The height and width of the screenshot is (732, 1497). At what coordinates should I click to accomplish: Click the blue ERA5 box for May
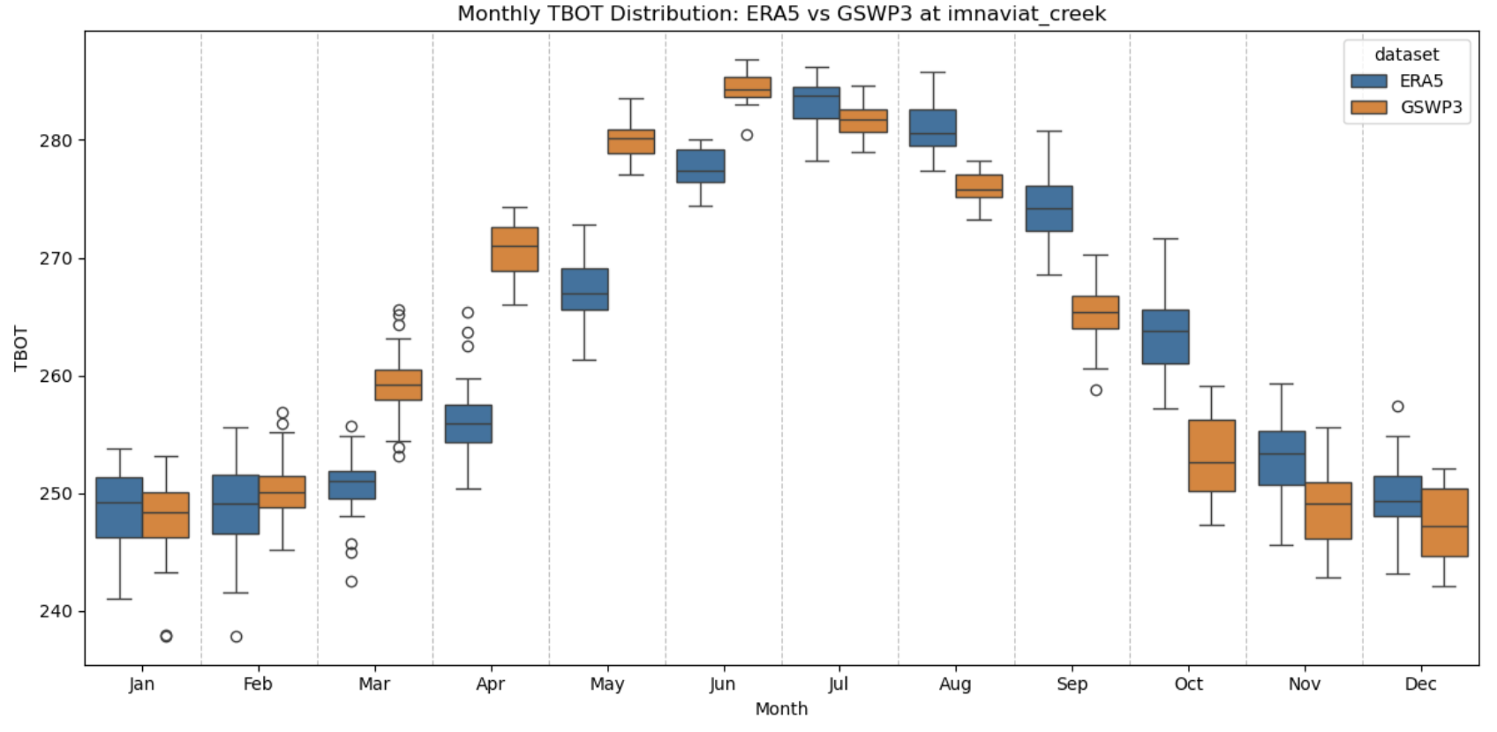[x=585, y=289]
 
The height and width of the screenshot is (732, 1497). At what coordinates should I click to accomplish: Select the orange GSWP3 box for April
[x=515, y=250]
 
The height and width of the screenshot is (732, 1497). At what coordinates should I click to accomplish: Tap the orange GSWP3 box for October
[x=1212, y=455]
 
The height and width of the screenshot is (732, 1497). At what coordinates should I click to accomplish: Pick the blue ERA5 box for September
[x=1049, y=209]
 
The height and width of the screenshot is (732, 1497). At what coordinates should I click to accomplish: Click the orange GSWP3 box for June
[x=748, y=87]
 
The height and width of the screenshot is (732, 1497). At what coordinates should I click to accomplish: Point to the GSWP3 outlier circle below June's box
[x=747, y=135]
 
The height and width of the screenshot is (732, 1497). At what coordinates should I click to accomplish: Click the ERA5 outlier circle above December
[x=1397, y=407]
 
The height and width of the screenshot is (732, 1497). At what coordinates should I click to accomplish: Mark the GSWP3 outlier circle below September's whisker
[x=1095, y=390]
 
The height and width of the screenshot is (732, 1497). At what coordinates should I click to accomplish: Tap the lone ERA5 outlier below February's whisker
[x=236, y=637]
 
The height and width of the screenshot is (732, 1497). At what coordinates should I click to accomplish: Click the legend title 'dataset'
[x=1406, y=55]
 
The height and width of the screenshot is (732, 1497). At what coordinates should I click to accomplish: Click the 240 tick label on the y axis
[x=56, y=611]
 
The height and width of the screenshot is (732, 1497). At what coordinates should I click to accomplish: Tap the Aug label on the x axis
[x=955, y=684]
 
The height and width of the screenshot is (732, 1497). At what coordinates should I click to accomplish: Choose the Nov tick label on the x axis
[x=1304, y=684]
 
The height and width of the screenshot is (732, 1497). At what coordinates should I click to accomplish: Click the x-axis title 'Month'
[x=781, y=709]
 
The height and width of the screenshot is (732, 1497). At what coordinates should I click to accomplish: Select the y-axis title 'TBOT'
[x=21, y=348]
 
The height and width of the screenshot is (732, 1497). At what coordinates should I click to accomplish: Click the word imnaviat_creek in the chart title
[x=1026, y=14]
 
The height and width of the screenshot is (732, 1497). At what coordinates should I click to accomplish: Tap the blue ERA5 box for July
[x=816, y=103]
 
